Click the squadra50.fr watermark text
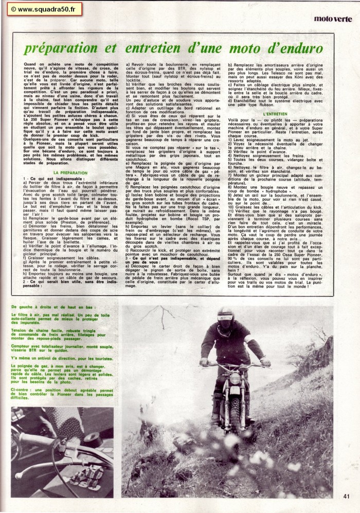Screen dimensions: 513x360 click(x=40, y=9)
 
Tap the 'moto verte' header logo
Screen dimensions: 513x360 click(x=333, y=19)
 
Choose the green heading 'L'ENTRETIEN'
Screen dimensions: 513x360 click(x=275, y=113)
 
